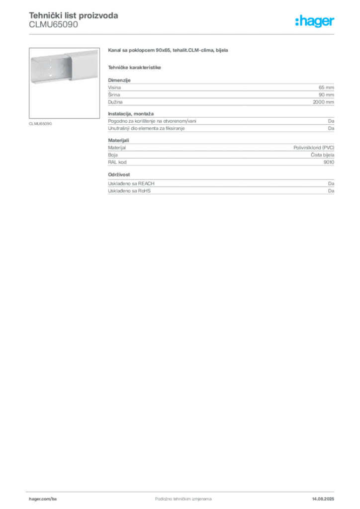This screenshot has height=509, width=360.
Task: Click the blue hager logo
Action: click(316, 22)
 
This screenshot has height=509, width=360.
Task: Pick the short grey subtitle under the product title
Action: click(135, 67)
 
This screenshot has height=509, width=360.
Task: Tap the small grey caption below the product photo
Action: click(41, 123)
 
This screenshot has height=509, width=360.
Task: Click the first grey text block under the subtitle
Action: click(220, 91)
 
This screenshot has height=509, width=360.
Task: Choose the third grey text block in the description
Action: click(220, 152)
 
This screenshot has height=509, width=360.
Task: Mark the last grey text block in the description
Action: click(220, 183)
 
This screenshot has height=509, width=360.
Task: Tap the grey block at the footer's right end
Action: click(327, 496)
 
